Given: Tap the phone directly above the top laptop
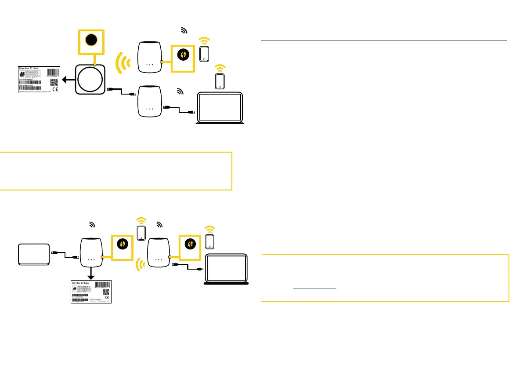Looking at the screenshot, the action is point(220,81).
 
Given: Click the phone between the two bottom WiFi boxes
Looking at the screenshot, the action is point(141,233).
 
